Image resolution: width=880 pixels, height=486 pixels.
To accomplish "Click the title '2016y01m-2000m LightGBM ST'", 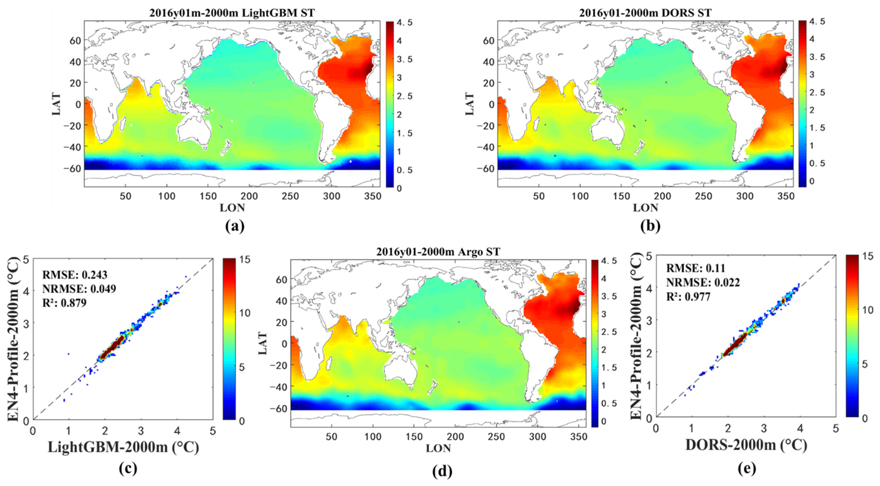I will pyautogui.click(x=232, y=13).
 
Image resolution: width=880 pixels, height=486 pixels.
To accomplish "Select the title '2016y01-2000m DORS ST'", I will pyautogui.click(x=645, y=13).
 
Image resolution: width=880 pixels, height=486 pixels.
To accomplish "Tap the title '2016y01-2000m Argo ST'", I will pyautogui.click(x=438, y=252).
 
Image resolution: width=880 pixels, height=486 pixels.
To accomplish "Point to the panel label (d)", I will pyautogui.click(x=442, y=472).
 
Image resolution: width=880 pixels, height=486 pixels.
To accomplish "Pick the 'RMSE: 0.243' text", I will pyautogui.click(x=75, y=275).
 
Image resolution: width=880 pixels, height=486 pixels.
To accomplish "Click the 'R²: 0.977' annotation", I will pyautogui.click(x=689, y=296).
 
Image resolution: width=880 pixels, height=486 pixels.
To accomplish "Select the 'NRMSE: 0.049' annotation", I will pyautogui.click(x=79, y=289).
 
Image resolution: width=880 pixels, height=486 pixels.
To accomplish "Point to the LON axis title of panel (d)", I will pyautogui.click(x=438, y=448).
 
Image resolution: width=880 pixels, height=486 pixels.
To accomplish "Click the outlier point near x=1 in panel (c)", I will pyautogui.click(x=69, y=354).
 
